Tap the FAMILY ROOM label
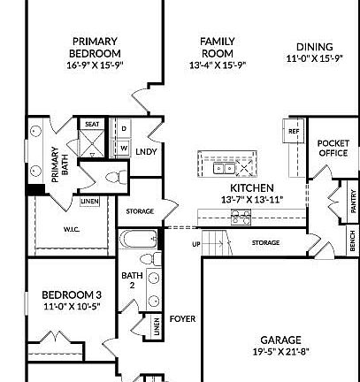[217, 47]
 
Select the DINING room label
[315, 47]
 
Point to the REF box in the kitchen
[294, 131]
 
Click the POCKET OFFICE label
[333, 148]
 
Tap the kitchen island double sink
[224, 166]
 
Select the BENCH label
[352, 238]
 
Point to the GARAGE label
[280, 339]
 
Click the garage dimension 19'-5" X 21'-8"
[280, 351]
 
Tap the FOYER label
[183, 319]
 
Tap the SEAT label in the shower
[91, 126]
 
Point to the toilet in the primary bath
[111, 180]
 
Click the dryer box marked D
[125, 129]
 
